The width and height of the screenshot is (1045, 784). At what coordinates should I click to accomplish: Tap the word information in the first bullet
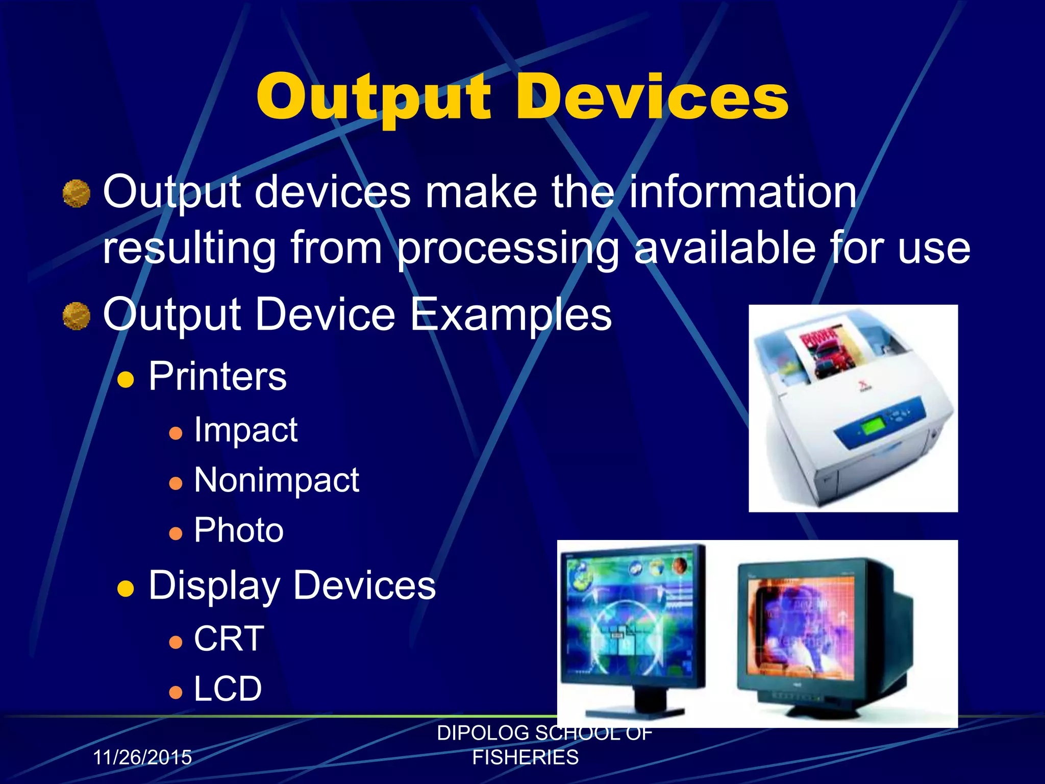(742, 192)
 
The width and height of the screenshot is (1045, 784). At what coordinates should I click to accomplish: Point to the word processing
(508, 249)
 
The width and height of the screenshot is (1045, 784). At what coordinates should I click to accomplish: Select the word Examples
(510, 315)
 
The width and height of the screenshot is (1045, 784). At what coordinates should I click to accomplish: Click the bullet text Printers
(217, 377)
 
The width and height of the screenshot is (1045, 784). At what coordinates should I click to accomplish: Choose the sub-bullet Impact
(245, 430)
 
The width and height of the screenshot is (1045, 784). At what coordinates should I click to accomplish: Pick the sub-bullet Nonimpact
(277, 480)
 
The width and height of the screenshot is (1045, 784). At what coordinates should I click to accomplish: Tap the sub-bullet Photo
(238, 530)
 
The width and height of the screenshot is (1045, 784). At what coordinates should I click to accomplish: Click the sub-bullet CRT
(229, 639)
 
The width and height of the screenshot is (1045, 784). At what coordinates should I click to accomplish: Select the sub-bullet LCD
(228, 689)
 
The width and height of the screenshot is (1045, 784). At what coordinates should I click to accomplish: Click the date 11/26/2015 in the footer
(142, 757)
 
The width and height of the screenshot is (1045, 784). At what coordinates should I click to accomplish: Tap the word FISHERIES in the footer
(525, 757)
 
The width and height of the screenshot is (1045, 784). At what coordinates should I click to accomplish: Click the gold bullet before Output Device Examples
(77, 316)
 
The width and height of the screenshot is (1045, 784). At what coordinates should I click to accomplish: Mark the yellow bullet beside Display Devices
(126, 588)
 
